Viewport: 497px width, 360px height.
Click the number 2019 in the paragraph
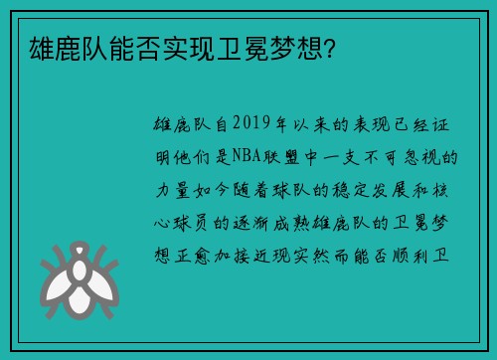(256, 127)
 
